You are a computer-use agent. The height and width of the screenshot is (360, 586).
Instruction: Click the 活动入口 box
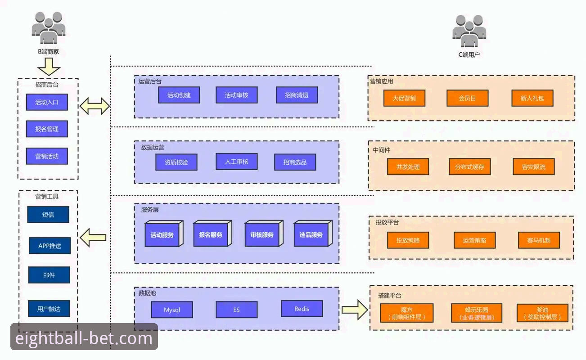(47, 102)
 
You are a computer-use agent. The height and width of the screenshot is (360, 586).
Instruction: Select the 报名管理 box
(47, 129)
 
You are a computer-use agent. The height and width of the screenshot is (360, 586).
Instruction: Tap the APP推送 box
(50, 246)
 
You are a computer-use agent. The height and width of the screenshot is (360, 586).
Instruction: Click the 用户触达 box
(49, 309)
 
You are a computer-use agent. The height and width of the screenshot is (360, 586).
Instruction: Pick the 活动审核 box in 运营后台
(236, 95)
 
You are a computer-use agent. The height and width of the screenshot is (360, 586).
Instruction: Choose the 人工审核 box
(236, 162)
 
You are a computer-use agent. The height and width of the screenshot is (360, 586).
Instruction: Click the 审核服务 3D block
(264, 234)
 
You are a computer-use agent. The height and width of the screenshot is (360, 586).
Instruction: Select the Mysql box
(172, 310)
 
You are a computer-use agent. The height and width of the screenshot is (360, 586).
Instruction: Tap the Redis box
(302, 309)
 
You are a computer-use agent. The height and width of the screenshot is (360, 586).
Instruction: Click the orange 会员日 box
(468, 98)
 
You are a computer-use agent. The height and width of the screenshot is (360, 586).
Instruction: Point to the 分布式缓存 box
(469, 166)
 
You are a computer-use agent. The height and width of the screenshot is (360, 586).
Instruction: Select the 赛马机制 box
(539, 240)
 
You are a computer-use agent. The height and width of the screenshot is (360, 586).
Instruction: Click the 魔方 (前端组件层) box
(407, 313)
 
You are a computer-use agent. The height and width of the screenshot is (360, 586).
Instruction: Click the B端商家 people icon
(49, 28)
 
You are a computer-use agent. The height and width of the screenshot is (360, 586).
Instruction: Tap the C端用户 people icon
(469, 31)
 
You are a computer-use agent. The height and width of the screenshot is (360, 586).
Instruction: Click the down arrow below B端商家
(49, 67)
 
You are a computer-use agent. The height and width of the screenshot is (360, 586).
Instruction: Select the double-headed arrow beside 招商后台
(95, 106)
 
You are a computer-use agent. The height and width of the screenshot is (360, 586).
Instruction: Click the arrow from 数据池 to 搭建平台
(355, 310)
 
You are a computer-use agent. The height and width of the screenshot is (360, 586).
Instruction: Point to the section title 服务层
(149, 210)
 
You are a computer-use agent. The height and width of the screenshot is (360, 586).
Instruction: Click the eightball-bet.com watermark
(84, 338)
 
